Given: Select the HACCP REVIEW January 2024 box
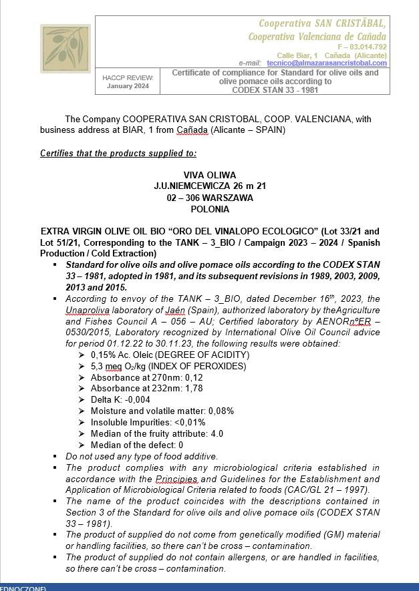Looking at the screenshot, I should (127, 81).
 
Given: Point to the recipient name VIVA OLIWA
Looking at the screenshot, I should (209, 175).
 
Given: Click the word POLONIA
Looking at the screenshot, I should (209, 209).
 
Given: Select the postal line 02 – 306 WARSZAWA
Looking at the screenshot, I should (209, 198).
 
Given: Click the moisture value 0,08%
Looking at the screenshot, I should (221, 411).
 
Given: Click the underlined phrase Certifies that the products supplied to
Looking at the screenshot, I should (118, 154).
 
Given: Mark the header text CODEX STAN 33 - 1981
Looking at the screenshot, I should (275, 89).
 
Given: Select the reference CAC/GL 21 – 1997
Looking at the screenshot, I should (329, 489).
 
